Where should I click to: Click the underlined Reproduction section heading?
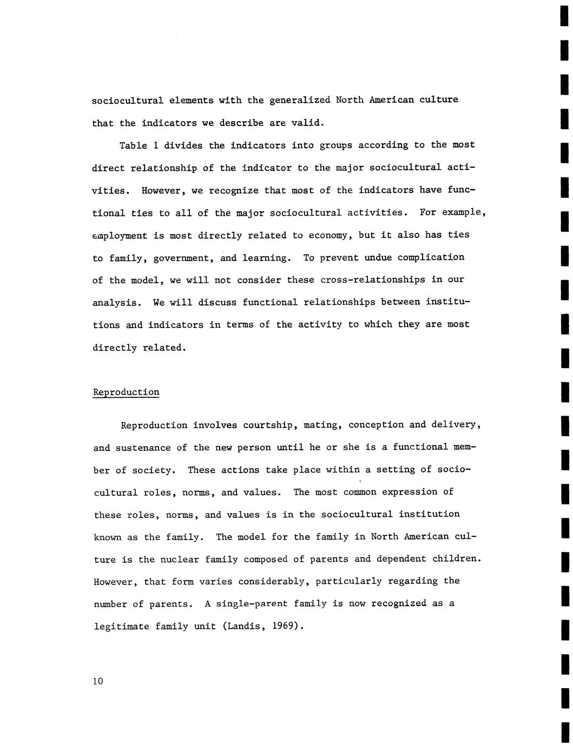click(x=126, y=392)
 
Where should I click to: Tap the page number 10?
click(x=97, y=681)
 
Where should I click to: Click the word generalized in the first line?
click(x=300, y=100)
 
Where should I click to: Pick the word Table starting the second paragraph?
click(x=133, y=145)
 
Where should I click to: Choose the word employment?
click(x=120, y=236)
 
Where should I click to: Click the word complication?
click(x=431, y=257)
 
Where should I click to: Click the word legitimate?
click(x=122, y=627)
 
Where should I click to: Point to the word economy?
click(x=329, y=235)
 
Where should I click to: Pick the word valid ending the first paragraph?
click(x=307, y=123)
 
